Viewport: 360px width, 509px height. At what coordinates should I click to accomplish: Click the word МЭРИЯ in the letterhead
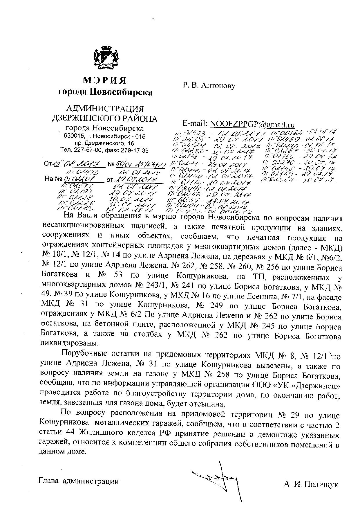pyautogui.click(x=105, y=80)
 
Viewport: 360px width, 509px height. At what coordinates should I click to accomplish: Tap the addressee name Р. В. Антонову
pyautogui.click(x=209, y=85)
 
